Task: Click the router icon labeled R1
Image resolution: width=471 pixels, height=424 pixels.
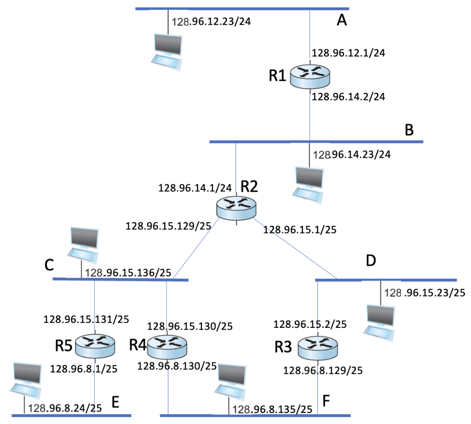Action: point(310,76)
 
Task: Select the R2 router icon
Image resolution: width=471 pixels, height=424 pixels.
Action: point(236,208)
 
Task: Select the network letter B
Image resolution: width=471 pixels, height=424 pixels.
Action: point(409,130)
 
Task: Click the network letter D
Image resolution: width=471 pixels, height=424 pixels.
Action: point(371,261)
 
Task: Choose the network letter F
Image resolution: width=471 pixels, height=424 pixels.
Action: point(326,401)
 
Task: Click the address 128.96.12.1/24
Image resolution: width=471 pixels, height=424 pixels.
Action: point(348,53)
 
